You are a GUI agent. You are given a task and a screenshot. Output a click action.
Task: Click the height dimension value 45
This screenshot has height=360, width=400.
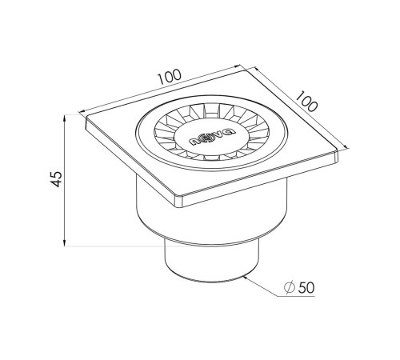pos(56,178)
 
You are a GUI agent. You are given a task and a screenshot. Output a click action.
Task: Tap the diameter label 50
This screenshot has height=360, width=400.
pos(306,288)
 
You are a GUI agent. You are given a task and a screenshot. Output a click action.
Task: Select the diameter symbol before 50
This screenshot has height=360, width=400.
pos(290,287)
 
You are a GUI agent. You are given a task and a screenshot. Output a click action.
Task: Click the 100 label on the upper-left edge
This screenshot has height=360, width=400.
pos(170,77)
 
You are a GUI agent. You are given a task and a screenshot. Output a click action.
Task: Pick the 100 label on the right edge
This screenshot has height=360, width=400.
pos(307,101)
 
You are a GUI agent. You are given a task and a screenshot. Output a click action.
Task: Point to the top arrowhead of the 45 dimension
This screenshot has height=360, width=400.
pos(65,118)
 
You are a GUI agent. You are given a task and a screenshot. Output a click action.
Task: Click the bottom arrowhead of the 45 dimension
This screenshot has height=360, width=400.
pos(65,243)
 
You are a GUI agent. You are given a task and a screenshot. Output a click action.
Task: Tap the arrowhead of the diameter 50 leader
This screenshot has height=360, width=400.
pos(246,278)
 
